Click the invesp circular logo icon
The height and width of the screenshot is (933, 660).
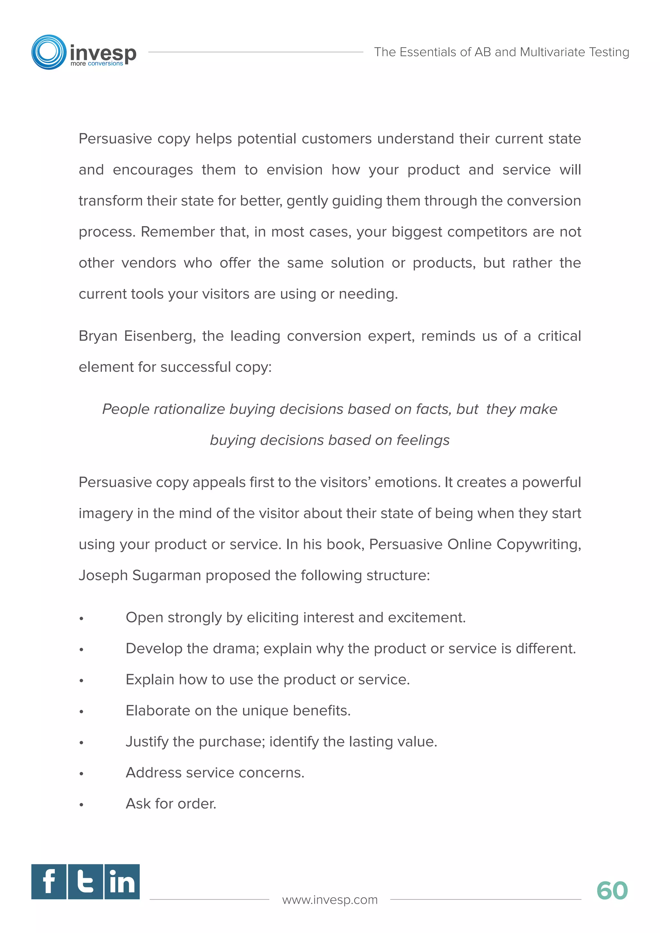pyautogui.click(x=49, y=52)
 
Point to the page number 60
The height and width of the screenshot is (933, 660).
pyautogui.click(x=612, y=891)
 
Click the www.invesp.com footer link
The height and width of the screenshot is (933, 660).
pyautogui.click(x=330, y=900)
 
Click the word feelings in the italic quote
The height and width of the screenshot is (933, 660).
pyautogui.click(x=423, y=440)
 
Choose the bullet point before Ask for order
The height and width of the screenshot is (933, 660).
pyautogui.click(x=81, y=804)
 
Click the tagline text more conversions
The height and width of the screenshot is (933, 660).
pyautogui.click(x=97, y=64)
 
